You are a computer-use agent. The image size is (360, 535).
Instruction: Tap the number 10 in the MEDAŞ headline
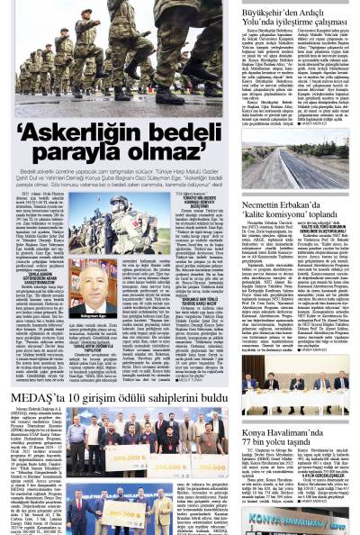75,397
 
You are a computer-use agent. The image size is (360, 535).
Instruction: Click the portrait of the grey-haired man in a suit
93,288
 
